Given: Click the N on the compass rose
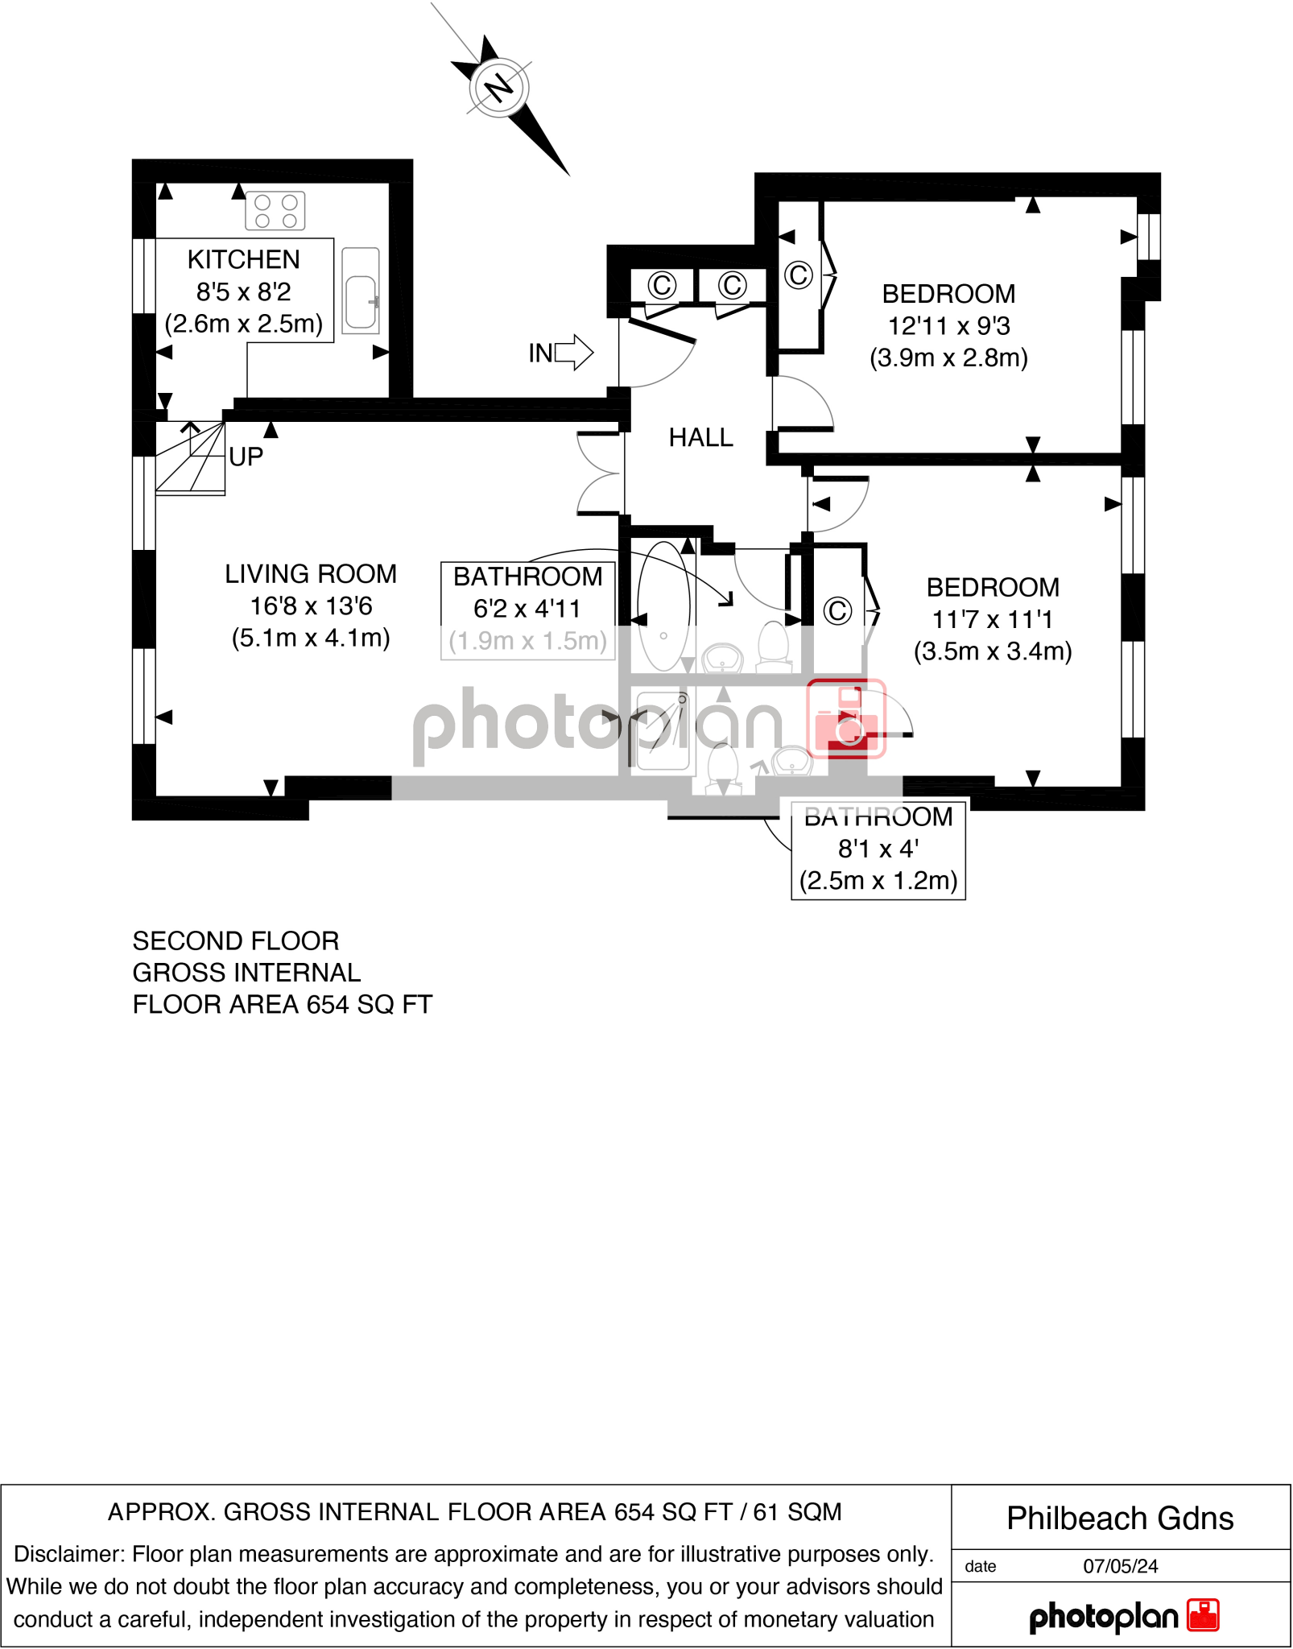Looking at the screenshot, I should click(x=499, y=86).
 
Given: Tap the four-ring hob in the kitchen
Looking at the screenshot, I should click(x=275, y=211).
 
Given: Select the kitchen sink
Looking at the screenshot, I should click(x=361, y=291).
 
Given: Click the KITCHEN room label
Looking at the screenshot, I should click(x=243, y=260).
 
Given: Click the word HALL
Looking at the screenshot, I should click(x=700, y=438).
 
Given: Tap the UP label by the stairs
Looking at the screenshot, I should click(x=246, y=457).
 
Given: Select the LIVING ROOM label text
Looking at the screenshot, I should click(x=311, y=574).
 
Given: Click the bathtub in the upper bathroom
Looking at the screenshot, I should click(x=663, y=605).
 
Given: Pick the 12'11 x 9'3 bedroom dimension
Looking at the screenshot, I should click(x=948, y=326).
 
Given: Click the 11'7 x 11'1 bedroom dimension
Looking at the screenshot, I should click(x=992, y=620).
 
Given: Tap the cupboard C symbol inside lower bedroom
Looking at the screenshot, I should click(x=837, y=611).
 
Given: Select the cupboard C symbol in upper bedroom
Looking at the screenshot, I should click(x=798, y=275).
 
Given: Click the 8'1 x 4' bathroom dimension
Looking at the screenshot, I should click(x=878, y=849).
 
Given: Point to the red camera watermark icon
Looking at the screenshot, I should click(x=846, y=719).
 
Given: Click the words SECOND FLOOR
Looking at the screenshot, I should click(x=236, y=941).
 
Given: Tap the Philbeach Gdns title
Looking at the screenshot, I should click(x=1120, y=1519).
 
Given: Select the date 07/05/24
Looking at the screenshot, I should click(x=1120, y=1566).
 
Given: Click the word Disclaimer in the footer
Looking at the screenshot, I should click(x=68, y=1554).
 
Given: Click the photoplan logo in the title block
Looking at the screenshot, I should click(x=1124, y=1617).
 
